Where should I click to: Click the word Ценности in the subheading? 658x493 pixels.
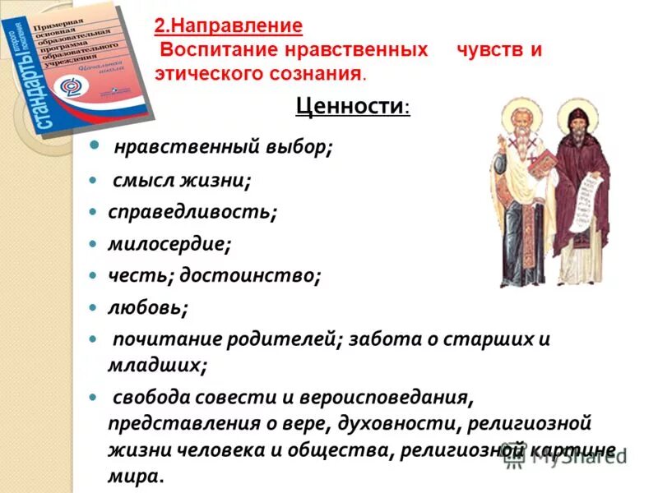349,108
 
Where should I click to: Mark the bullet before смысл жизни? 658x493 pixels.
95,179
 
